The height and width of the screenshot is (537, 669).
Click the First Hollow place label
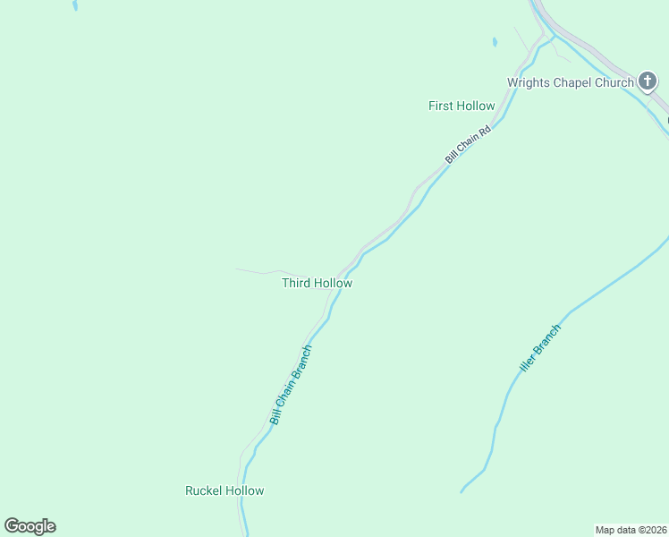[462, 106]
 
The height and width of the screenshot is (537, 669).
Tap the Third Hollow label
[317, 283]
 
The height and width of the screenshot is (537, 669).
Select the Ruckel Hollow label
[224, 490]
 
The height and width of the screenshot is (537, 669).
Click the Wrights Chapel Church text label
[571, 82]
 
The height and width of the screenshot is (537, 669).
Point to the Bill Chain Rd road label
[469, 144]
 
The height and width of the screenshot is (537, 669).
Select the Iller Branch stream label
[540, 349]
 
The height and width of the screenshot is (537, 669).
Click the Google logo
[30, 526]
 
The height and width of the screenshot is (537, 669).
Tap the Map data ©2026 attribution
[631, 529]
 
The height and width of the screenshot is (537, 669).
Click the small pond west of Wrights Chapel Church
[494, 41]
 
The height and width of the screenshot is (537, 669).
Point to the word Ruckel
[203, 490]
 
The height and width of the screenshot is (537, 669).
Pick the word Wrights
[529, 82]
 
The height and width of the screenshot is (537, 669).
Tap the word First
[440, 106]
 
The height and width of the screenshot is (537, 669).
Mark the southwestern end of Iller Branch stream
[462, 490]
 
